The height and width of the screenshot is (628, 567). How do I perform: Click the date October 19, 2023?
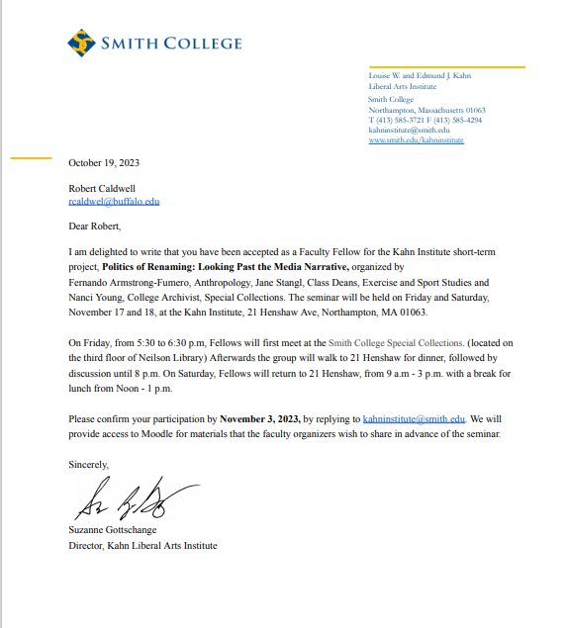[104, 162]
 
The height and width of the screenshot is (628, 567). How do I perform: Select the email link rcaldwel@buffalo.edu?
[114, 201]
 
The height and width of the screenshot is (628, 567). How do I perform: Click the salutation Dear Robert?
[94, 226]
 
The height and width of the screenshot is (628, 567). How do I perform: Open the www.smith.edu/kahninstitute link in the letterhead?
[416, 140]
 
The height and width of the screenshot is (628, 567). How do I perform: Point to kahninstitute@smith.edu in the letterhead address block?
[409, 130]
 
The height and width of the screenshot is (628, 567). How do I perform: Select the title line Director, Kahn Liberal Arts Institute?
[142, 546]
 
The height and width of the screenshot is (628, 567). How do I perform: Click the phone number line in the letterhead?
[425, 120]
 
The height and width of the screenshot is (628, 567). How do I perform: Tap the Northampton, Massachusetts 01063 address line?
[426, 110]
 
